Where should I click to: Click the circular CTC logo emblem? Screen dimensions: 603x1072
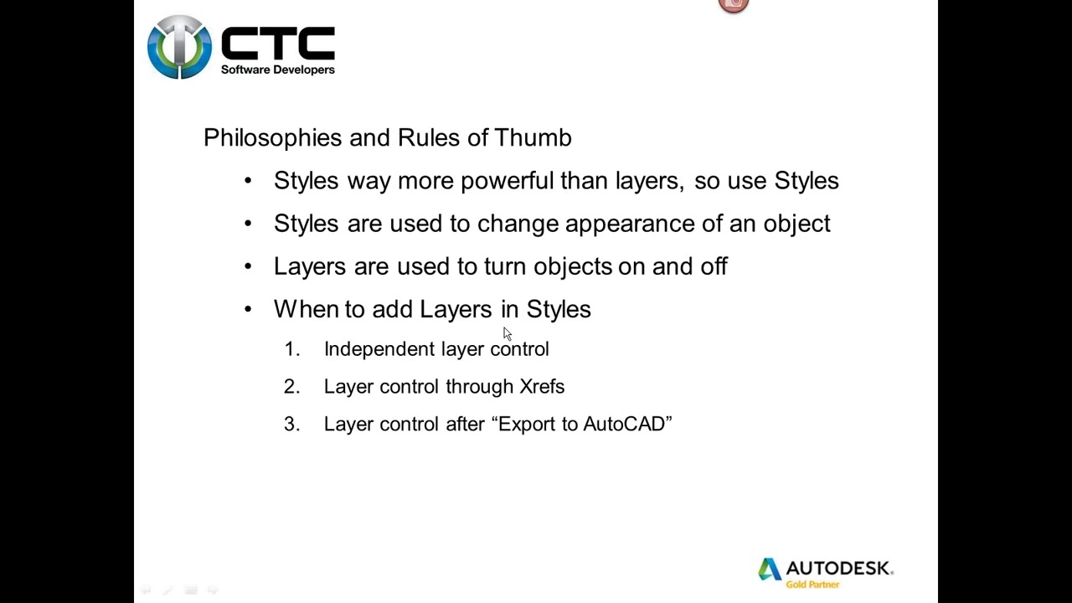[x=179, y=48]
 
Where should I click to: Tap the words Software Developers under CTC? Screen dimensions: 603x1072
[x=277, y=70]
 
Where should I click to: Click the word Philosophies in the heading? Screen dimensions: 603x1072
[x=272, y=138]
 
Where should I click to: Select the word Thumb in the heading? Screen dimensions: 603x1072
[x=533, y=138]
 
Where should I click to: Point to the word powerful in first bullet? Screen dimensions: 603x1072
[x=507, y=181]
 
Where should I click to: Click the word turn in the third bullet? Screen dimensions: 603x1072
[x=504, y=266]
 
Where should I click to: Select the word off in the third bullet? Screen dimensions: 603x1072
[x=714, y=266]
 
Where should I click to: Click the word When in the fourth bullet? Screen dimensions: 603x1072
[x=305, y=309]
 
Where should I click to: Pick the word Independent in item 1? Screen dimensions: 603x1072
[x=379, y=349]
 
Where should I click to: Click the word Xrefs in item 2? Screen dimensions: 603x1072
[x=542, y=387]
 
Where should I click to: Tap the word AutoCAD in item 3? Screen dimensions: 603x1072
[x=623, y=425]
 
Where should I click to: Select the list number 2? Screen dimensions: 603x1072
[x=291, y=387]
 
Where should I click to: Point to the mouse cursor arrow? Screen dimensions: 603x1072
[x=507, y=333]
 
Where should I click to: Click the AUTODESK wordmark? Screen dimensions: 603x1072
[x=837, y=568]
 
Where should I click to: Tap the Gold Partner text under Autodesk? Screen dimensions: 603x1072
[x=812, y=585]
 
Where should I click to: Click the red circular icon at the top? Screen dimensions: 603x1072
[x=733, y=5]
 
